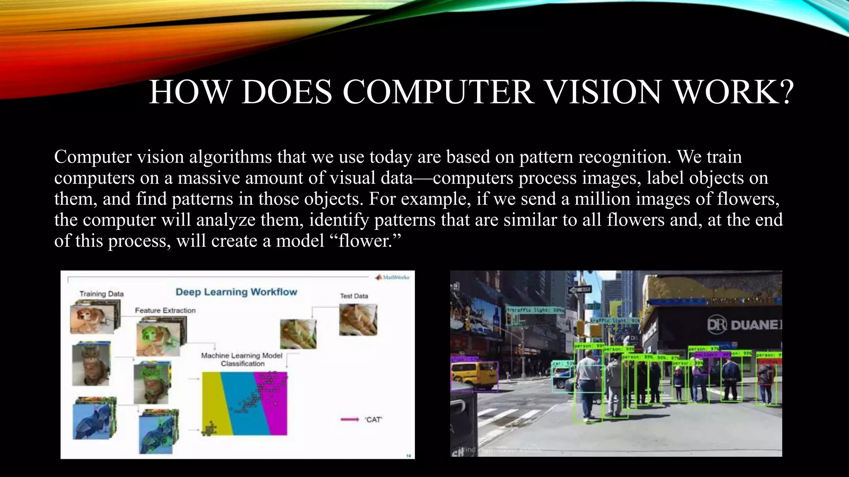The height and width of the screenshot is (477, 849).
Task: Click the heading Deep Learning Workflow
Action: coord(236,292)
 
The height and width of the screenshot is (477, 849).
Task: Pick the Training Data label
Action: coord(102,294)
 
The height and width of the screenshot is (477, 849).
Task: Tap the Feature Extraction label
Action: coord(165,310)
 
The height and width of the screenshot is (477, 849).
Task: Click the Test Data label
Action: coord(354,296)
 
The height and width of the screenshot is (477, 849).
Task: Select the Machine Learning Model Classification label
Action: coord(242,359)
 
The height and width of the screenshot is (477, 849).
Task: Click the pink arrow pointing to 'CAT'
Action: coord(349,419)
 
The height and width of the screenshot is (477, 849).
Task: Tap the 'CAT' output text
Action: coord(373,419)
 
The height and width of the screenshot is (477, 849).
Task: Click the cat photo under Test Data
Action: coord(358,319)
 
